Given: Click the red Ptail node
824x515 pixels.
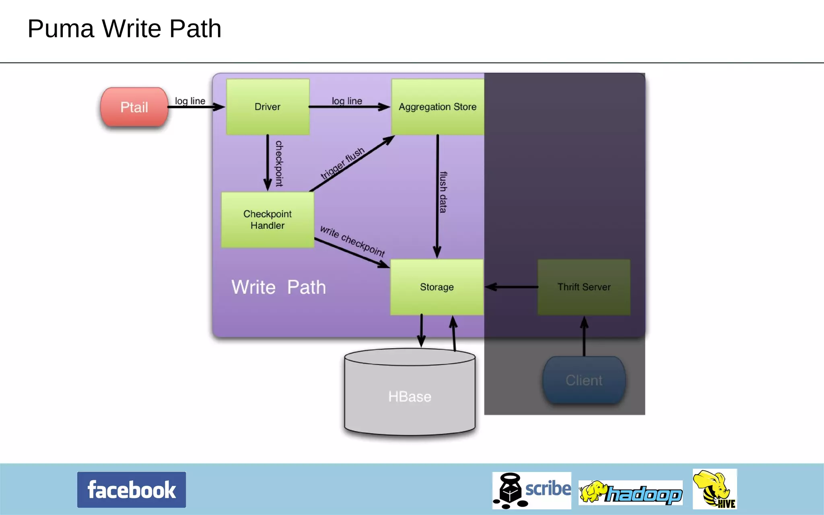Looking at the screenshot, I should tap(134, 107).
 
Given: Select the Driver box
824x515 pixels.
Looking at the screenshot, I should tap(268, 107).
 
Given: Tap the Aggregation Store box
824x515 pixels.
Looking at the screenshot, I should tap(437, 107).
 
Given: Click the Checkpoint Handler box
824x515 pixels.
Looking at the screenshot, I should tap(268, 220).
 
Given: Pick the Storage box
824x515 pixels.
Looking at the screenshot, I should tap(437, 287).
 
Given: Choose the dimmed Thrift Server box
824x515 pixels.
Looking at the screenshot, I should tap(584, 287).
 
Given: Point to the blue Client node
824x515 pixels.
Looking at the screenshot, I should tap(584, 380).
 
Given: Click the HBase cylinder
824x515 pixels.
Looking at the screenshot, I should tap(410, 396).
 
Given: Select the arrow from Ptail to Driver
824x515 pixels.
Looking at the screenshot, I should tap(196, 107).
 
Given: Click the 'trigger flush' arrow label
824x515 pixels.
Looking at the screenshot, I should tap(342, 163).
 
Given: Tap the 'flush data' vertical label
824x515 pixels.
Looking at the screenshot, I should tap(443, 192).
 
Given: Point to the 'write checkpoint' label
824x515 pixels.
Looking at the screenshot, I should tap(352, 241).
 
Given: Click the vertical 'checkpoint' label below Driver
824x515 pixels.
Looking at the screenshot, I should tap(279, 163).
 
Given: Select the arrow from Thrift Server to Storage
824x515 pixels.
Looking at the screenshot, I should tap(511, 287).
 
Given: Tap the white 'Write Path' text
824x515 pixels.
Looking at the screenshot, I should tap(278, 287).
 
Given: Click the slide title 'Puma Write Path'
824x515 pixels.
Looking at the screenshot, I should tap(124, 29).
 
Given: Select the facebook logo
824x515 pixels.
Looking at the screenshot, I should tap(132, 490).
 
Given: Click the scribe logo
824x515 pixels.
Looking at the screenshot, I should tap(531, 490).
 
